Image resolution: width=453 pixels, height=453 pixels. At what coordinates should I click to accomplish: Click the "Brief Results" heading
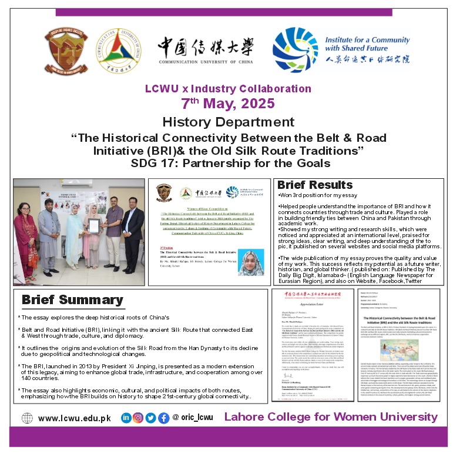[315, 185]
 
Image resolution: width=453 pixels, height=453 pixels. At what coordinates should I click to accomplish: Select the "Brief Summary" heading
[72, 299]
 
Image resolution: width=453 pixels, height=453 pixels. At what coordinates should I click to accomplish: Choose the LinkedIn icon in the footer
[126, 418]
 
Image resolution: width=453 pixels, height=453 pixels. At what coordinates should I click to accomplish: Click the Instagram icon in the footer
[137, 418]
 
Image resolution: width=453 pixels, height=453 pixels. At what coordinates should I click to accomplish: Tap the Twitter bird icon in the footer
[150, 418]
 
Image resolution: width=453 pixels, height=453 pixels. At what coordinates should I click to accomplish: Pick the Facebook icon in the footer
[162, 418]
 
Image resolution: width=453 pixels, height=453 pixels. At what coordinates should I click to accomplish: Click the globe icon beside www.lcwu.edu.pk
[28, 418]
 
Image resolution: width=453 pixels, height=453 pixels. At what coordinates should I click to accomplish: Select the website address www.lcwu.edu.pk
[74, 418]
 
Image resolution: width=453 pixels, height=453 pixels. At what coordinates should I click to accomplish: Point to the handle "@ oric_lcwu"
[193, 418]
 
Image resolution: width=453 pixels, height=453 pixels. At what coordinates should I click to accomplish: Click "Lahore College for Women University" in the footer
[331, 417]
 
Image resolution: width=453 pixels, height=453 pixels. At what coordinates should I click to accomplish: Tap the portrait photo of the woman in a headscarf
[251, 262]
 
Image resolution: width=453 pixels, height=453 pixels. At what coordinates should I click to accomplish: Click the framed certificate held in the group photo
[92, 228]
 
